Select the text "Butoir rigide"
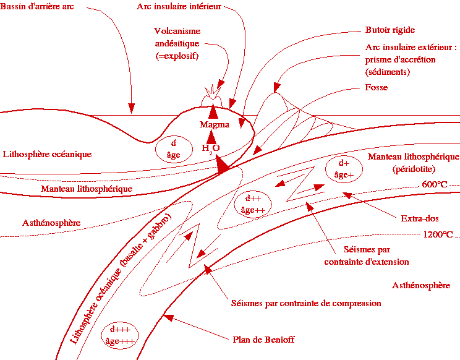click(x=390, y=30)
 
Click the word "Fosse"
click(x=377, y=88)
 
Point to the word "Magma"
click(x=214, y=125)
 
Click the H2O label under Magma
click(x=211, y=148)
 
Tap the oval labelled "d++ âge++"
click(x=252, y=204)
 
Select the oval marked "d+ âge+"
click(x=344, y=169)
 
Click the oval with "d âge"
click(x=174, y=149)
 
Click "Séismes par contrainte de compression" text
click(x=305, y=304)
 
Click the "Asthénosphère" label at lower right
click(x=421, y=285)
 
